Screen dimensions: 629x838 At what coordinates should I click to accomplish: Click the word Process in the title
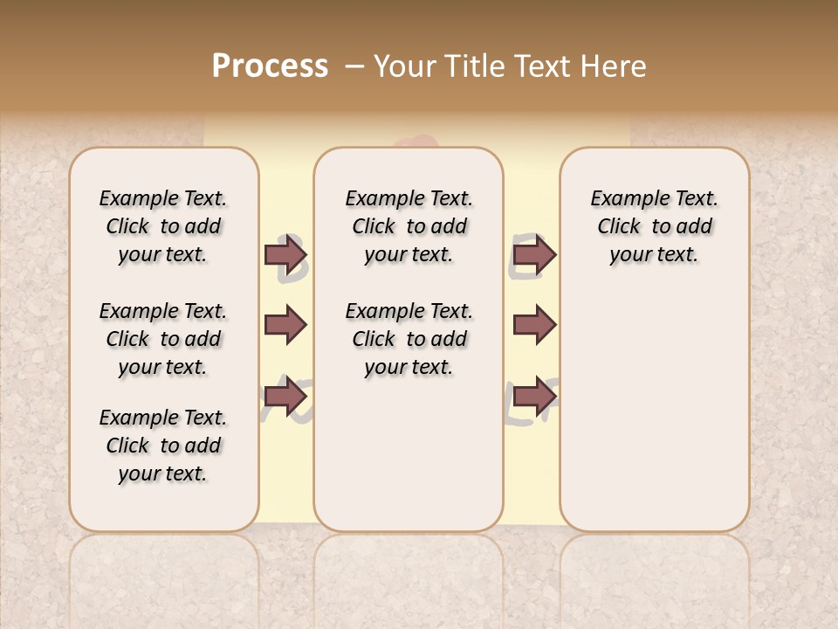pos(270,66)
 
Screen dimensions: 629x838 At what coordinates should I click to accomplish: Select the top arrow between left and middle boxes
pos(285,254)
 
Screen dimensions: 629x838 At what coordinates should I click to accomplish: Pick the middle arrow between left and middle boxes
pos(285,325)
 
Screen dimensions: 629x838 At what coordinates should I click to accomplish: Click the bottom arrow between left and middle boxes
pos(285,397)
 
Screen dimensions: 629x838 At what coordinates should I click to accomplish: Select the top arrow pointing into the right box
pos(534,254)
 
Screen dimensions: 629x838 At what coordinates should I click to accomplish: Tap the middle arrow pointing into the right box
pos(534,325)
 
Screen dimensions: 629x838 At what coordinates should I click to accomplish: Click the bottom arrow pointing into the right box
pos(534,397)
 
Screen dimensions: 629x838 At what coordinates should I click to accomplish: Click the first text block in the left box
pos(163,226)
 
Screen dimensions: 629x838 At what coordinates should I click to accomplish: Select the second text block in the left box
pos(163,339)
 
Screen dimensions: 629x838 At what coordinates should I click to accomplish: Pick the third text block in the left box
pos(163,446)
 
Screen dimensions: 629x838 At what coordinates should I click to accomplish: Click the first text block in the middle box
pos(409,226)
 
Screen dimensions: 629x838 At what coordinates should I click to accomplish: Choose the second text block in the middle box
pos(409,339)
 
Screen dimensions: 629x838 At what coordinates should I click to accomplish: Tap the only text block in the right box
pos(654,226)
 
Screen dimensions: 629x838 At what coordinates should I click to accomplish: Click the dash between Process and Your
pos(354,66)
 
